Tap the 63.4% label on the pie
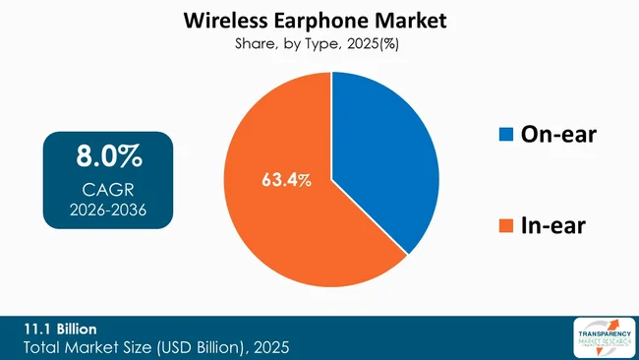pos(287,180)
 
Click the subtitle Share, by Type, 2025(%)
pos(319,43)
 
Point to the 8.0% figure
pos(108,155)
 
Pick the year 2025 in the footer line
pos(267,347)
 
